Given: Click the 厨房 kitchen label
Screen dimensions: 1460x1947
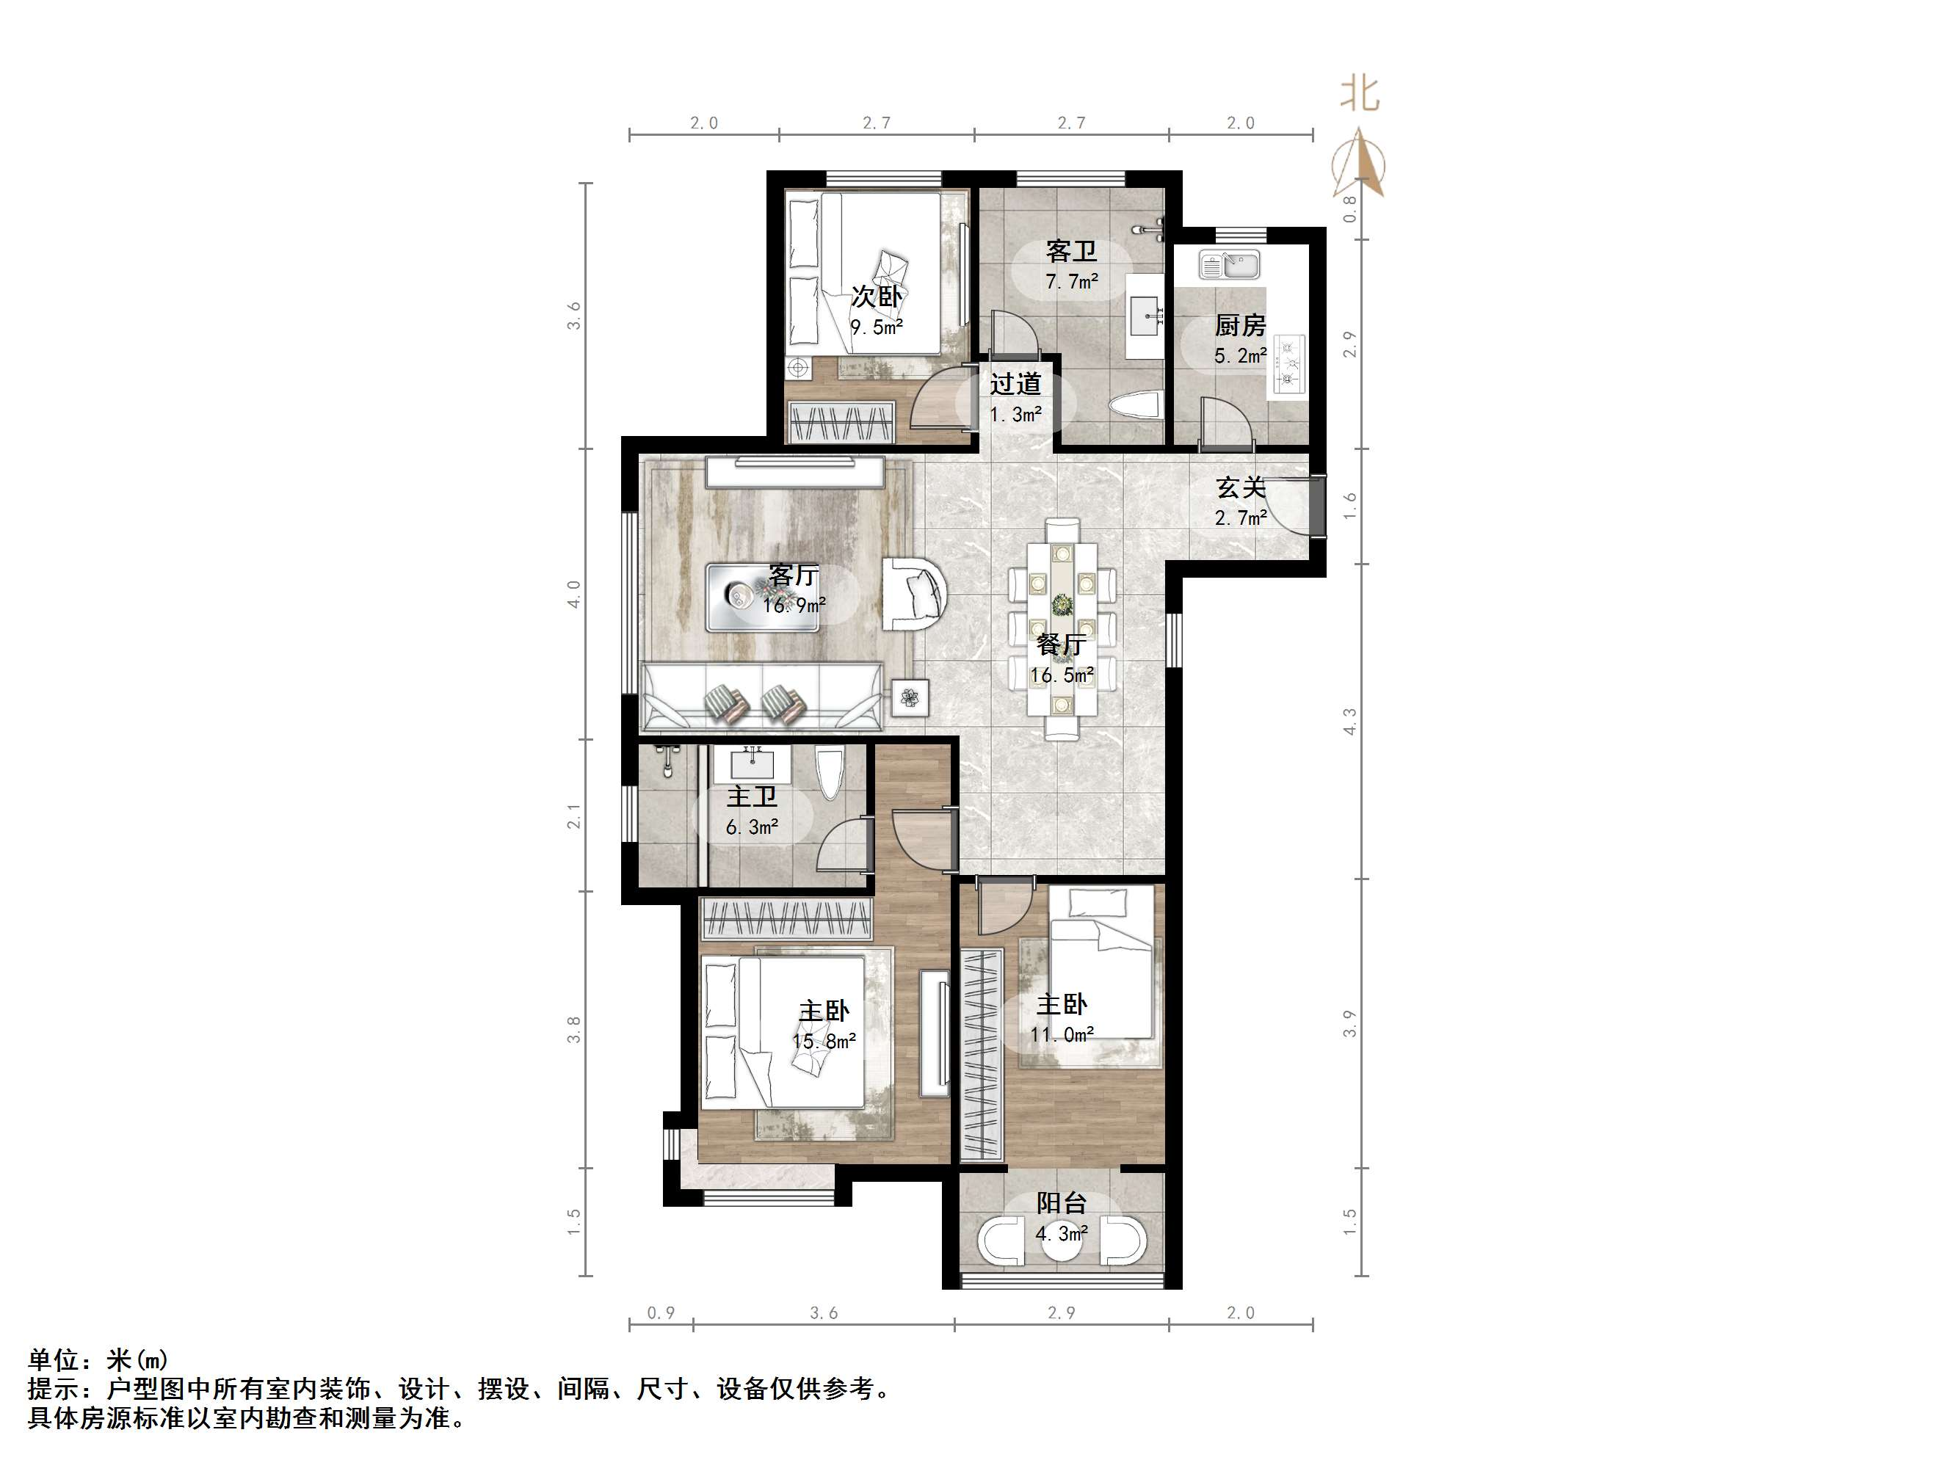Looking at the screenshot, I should (x=1239, y=326).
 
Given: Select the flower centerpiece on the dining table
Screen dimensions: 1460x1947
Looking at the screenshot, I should (x=1063, y=606).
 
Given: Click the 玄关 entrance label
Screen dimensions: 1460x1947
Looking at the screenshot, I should (x=1240, y=487).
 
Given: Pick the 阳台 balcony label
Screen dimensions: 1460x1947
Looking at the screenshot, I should (x=1061, y=1203).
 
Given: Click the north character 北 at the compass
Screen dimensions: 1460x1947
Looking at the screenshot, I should (x=1359, y=93).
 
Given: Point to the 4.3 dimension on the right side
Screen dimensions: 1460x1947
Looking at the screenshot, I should (x=1349, y=722).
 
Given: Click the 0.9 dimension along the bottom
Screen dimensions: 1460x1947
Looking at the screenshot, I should (x=661, y=1313).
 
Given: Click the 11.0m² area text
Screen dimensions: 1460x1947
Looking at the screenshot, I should (x=1062, y=1035).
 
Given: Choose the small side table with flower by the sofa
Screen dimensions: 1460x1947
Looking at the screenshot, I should (x=910, y=698).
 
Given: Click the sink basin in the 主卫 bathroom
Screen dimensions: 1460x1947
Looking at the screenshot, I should (x=752, y=763).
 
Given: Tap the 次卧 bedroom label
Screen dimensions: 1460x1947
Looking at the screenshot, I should (x=876, y=297).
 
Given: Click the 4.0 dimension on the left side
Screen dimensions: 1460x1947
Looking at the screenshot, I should (x=574, y=594).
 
